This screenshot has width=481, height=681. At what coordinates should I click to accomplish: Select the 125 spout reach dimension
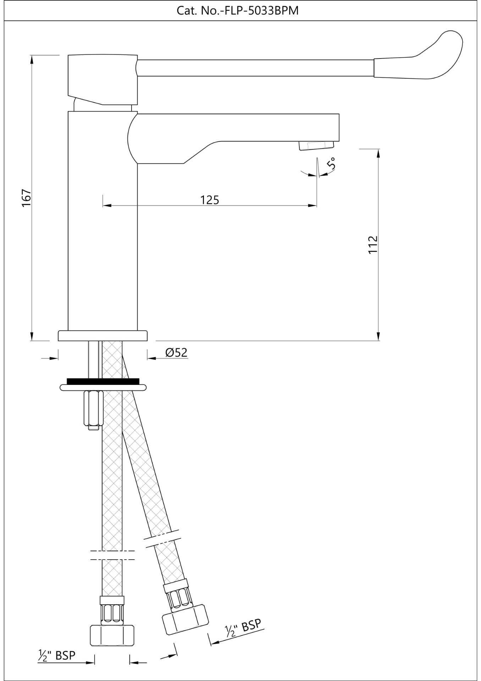click(210, 200)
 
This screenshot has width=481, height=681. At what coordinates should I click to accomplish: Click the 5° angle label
click(331, 164)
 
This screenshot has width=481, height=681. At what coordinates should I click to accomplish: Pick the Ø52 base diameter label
click(176, 352)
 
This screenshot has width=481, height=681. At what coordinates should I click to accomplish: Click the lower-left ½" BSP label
click(57, 655)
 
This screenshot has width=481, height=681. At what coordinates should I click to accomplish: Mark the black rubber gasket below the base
click(103, 381)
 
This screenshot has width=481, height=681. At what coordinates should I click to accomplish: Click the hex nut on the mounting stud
click(93, 408)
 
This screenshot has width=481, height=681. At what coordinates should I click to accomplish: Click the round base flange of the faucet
click(103, 336)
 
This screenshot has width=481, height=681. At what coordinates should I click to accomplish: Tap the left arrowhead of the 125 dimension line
click(106, 205)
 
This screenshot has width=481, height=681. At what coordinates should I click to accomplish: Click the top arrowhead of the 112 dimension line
click(378, 153)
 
